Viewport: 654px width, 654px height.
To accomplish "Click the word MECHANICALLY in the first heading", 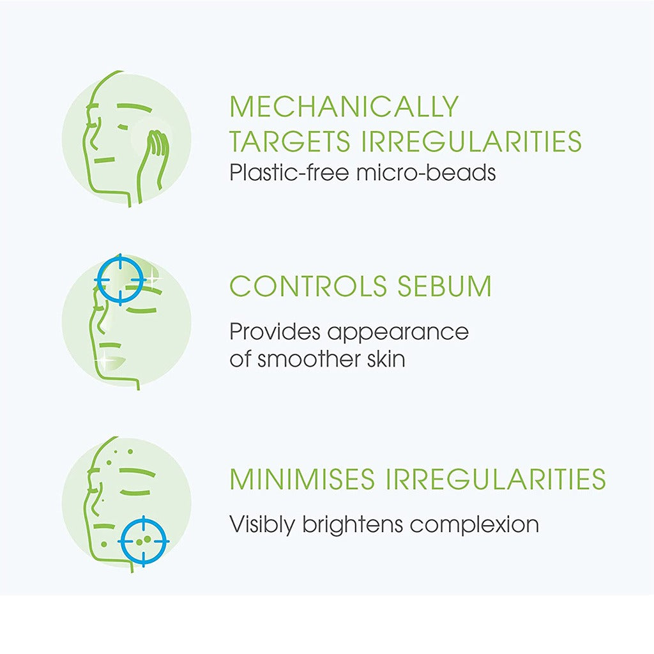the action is point(344,107).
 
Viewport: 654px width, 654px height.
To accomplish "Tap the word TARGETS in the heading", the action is point(290,141).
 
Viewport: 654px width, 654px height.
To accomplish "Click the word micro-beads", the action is point(426,172).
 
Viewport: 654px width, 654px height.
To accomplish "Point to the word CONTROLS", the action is point(308,286).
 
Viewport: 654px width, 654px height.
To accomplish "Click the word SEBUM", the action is point(445,286).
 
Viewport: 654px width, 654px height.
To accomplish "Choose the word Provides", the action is point(275,332).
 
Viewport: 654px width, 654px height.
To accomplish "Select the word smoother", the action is point(308,359).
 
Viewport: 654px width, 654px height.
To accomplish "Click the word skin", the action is point(386,359).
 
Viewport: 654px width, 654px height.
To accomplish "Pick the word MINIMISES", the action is point(302,479).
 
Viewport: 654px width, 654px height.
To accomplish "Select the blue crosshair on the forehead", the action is point(120,280).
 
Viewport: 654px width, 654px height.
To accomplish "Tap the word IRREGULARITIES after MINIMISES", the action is point(495,479).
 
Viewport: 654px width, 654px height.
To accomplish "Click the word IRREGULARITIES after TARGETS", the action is point(471,141).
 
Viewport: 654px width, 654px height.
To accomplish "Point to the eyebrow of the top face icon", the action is point(134,107).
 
